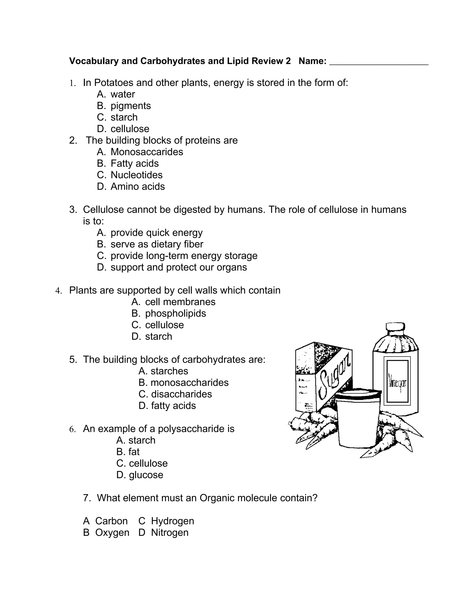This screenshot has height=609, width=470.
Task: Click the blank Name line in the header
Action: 379,63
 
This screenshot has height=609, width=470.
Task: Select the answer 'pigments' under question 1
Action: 130,106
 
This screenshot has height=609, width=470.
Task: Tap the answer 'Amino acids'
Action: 137,187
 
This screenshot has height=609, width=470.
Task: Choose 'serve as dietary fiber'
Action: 157,244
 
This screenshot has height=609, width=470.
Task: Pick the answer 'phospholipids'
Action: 175,313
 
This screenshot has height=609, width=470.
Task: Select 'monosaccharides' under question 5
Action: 189,383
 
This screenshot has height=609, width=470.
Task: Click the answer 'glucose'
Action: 146,475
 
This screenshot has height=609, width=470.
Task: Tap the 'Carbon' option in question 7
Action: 111,521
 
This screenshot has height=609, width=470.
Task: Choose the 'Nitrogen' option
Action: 170,532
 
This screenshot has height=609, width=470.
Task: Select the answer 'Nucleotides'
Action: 137,175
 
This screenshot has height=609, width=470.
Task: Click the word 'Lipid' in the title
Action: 238,61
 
